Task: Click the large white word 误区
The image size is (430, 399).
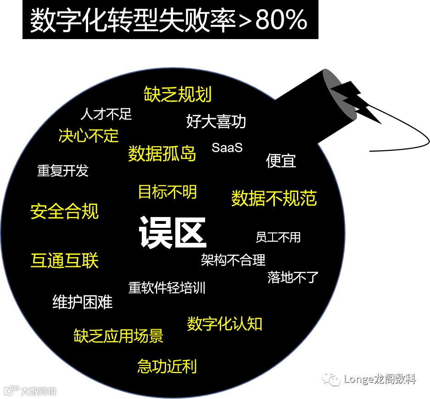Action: [x=173, y=233]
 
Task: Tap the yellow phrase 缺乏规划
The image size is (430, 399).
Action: [x=178, y=94]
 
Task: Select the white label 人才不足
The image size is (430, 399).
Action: [x=106, y=114]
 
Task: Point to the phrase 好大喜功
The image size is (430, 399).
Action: [x=216, y=121]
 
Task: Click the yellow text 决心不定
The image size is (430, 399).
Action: [x=89, y=136]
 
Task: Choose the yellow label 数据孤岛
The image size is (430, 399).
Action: [x=162, y=154]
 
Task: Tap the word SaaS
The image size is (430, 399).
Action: [x=227, y=148]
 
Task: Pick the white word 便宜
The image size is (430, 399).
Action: [x=281, y=160]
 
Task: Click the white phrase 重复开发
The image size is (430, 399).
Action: [x=63, y=171]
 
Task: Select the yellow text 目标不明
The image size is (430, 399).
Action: [x=168, y=192]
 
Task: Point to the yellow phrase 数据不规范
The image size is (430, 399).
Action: [x=274, y=198]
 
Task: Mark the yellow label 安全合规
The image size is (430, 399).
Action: [x=65, y=211]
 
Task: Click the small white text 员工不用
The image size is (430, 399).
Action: [x=278, y=237]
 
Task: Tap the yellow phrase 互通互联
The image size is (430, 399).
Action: [x=65, y=260]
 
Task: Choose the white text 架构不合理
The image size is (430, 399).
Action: [x=233, y=260]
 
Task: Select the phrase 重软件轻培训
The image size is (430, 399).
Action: [x=167, y=288]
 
